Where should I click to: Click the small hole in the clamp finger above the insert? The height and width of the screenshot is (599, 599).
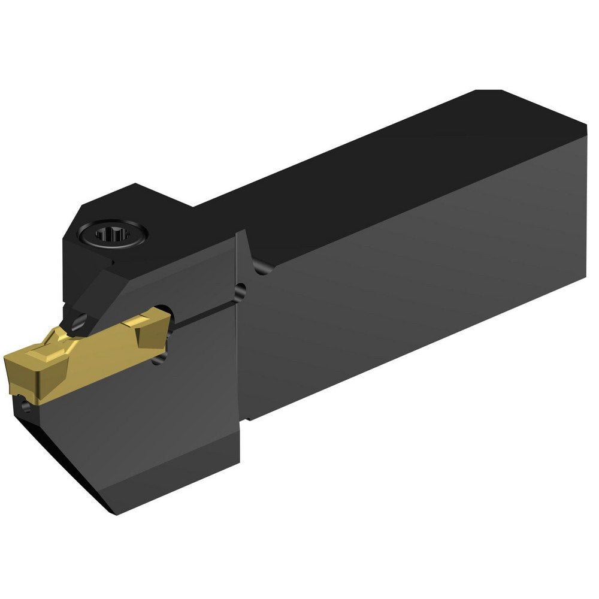[x=76, y=324]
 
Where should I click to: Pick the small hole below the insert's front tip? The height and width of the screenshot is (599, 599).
[x=25, y=408]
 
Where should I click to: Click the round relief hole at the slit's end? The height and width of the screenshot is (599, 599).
[x=240, y=292]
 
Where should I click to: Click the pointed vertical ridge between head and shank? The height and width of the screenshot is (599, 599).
[x=241, y=240]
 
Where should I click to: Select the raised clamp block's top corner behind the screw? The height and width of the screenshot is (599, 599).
[x=137, y=187]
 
